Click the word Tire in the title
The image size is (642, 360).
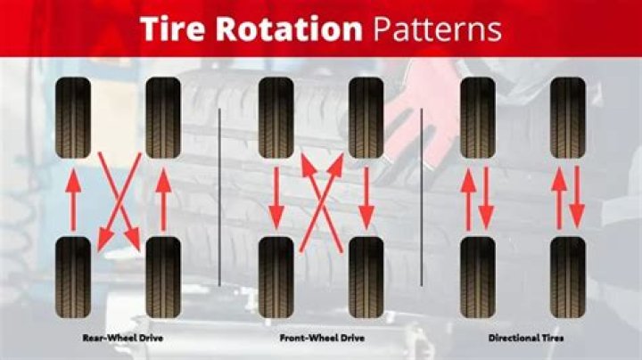click(x=172, y=29)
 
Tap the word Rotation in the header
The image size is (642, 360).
click(x=289, y=29)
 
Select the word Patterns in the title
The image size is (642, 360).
click(x=437, y=29)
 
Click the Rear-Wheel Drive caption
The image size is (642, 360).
click(x=123, y=338)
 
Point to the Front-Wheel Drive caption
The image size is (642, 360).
click(x=322, y=338)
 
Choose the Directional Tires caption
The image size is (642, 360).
click(x=526, y=338)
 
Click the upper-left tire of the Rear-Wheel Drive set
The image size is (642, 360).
click(x=73, y=118)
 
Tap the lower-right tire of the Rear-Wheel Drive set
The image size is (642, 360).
click(x=163, y=277)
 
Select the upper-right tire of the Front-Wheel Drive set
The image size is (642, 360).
click(x=366, y=118)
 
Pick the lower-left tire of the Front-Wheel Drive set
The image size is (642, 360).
click(x=276, y=277)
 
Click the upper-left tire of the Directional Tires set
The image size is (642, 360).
click(x=478, y=118)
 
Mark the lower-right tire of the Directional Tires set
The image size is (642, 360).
click(x=568, y=277)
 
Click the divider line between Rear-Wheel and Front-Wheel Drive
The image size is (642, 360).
click(x=220, y=197)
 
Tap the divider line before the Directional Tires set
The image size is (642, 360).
click(x=421, y=197)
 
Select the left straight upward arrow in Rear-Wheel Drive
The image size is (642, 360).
click(x=73, y=200)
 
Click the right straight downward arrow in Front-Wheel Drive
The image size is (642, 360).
click(x=366, y=198)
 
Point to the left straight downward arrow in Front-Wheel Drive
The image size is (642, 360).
click(x=276, y=198)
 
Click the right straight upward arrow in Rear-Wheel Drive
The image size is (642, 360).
click(x=163, y=200)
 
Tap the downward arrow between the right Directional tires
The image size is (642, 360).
click(x=577, y=197)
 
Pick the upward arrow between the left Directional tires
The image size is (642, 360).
click(x=469, y=199)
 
